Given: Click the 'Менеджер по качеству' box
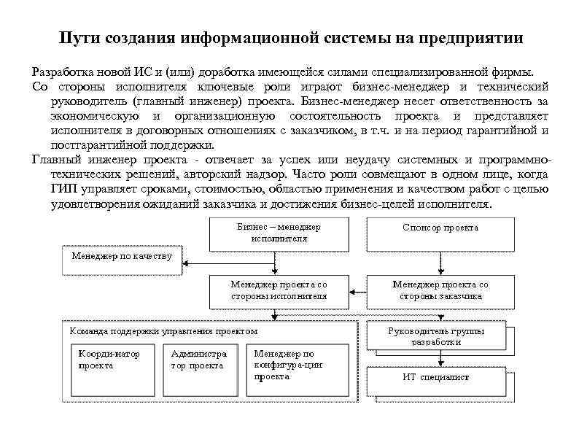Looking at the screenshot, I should pos(122,257).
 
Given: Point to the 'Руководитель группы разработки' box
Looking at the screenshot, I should pos(436,336).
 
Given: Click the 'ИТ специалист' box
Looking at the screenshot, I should pos(436,377).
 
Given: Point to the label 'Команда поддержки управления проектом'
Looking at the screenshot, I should pos(163,330).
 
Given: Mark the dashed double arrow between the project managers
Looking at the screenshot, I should pos(357,290).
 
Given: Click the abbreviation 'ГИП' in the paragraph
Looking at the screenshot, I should pos(63,190).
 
